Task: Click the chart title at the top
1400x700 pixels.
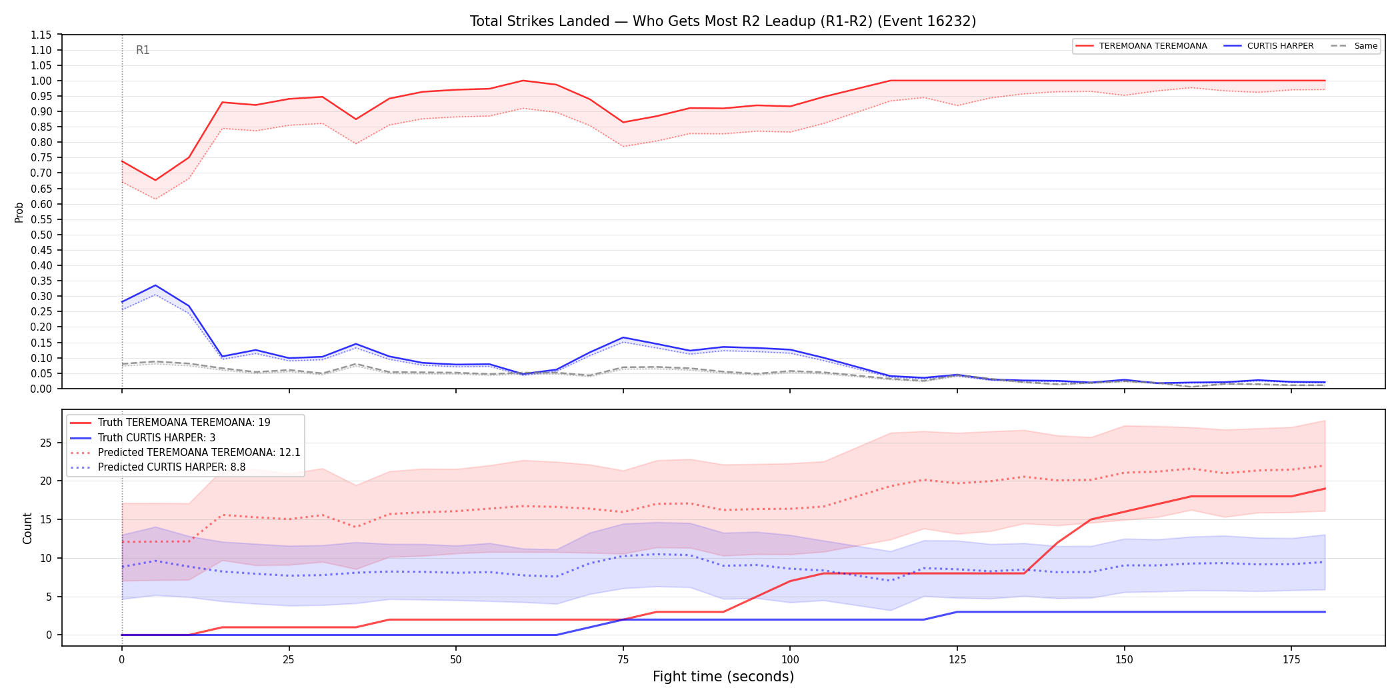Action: point(723,21)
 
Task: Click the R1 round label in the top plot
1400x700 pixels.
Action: point(143,50)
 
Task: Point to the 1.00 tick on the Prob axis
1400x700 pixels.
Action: point(41,81)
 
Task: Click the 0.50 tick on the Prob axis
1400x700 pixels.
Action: point(41,235)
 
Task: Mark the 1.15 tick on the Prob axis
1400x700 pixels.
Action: point(41,35)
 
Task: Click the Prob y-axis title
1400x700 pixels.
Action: point(19,212)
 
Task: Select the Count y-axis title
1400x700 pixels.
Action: point(27,528)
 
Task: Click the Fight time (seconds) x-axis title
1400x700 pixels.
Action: point(723,677)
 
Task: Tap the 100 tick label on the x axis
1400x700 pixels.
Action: point(790,660)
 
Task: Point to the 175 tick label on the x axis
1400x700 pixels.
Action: point(1291,660)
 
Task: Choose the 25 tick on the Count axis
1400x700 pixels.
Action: point(46,443)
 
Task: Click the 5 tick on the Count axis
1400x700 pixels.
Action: point(49,597)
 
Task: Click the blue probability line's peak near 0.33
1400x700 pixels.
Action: point(155,285)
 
